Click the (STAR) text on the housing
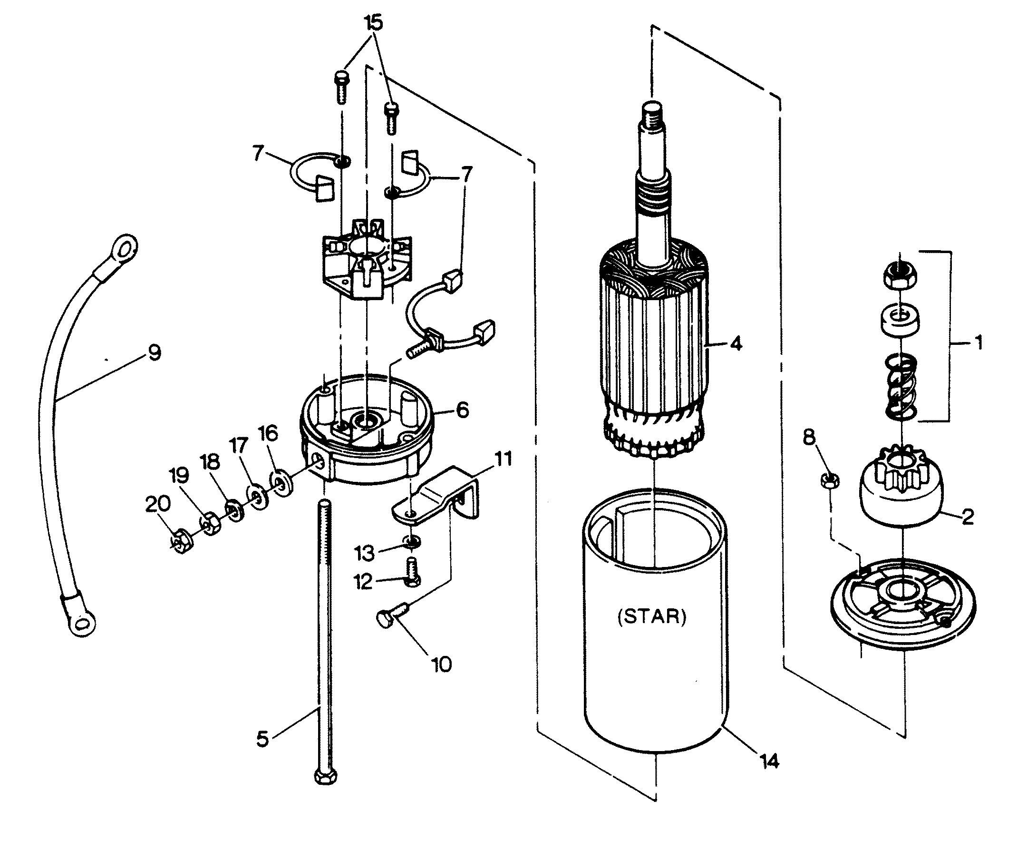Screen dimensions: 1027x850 652,617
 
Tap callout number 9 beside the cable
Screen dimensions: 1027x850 155,353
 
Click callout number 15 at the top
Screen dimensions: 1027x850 373,23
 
